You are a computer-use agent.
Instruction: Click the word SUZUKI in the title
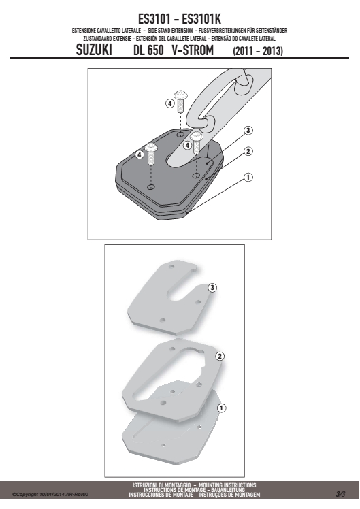[94, 50]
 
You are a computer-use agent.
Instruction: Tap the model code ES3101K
[201, 19]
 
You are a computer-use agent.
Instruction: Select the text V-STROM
[193, 50]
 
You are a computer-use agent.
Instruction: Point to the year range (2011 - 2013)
[258, 51]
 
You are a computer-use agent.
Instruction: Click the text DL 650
[148, 50]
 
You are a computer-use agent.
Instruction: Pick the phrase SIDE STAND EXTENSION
[170, 31]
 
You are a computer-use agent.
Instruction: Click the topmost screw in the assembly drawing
[180, 101]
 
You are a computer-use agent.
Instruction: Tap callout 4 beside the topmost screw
[169, 104]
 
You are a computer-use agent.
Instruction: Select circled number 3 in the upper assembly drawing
[248, 131]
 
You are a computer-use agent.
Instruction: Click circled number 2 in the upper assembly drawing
[248, 151]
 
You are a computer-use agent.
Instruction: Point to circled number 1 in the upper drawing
[248, 177]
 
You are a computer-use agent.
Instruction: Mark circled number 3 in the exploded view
[212, 288]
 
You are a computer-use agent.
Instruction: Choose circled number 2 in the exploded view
[220, 357]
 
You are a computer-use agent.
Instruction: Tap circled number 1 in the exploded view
[221, 408]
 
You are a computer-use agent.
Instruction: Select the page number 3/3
[340, 494]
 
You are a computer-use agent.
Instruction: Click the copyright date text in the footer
[50, 495]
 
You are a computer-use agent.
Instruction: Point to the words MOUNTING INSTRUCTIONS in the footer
[227, 485]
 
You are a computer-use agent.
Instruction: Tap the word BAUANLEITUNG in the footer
[228, 489]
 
